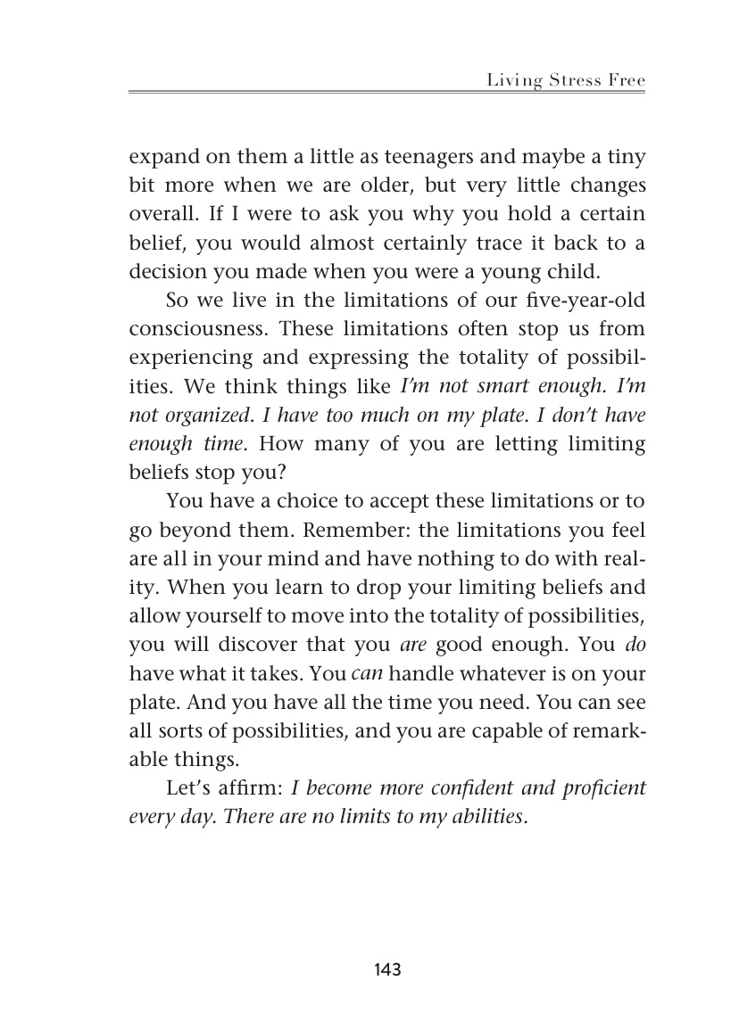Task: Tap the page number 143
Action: click(387, 968)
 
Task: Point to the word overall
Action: click(160, 215)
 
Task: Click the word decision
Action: click(166, 271)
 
